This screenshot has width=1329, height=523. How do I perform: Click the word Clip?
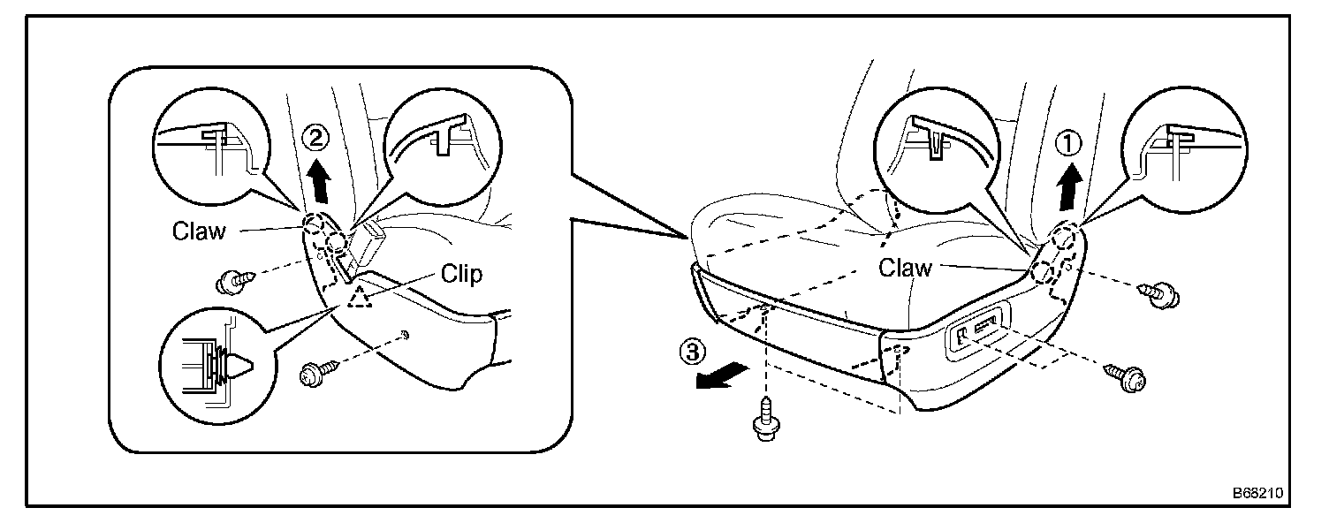(462, 275)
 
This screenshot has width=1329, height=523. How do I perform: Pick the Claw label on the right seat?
(905, 268)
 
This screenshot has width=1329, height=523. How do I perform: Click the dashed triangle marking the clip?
(360, 298)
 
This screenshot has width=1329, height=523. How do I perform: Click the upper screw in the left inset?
(232, 282)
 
